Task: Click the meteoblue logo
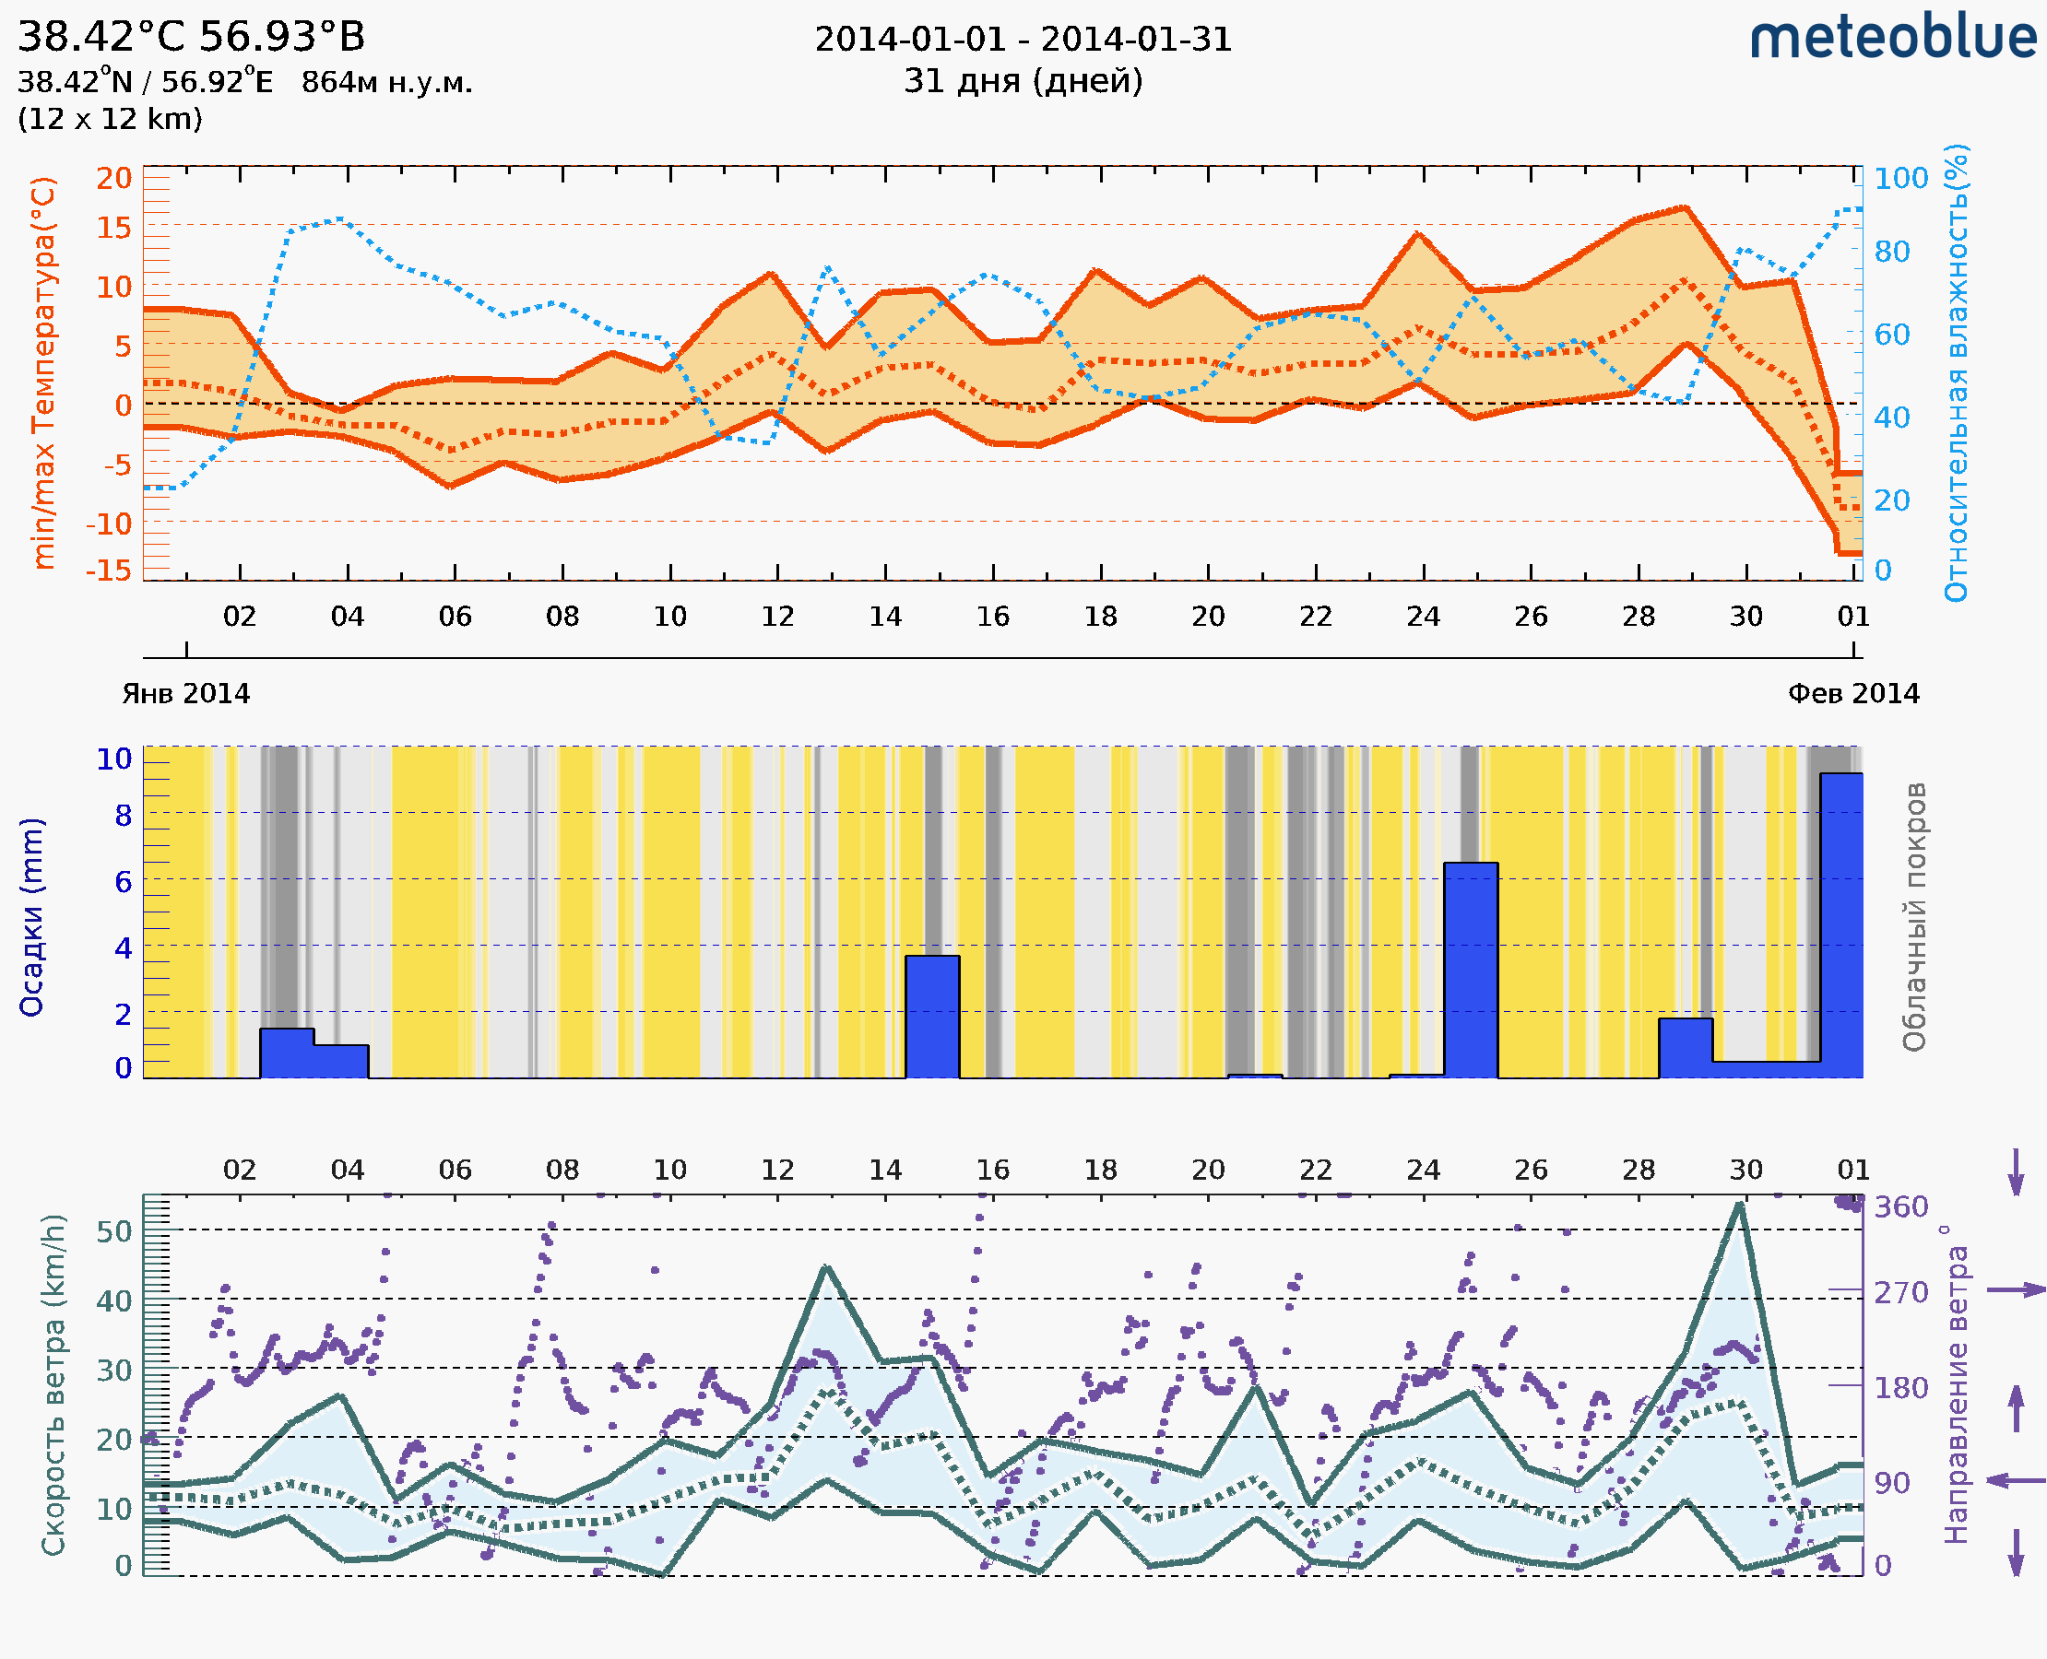click(1892, 38)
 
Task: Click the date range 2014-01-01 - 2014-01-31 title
click(1023, 40)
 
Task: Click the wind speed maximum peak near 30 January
click(1739, 1206)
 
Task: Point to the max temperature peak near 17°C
click(1684, 207)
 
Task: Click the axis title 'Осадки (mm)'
click(31, 916)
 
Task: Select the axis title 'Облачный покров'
click(1914, 916)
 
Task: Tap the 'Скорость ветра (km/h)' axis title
click(53, 1384)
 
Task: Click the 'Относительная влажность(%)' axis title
click(1956, 372)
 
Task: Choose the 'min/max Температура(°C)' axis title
click(44, 372)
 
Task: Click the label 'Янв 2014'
click(185, 694)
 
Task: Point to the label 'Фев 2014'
click(1853, 694)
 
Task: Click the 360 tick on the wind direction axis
click(1900, 1207)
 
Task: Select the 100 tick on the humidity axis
click(1900, 178)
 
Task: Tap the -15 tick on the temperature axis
click(108, 571)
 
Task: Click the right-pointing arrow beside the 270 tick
click(2016, 1290)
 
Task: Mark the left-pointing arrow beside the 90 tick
click(2016, 1480)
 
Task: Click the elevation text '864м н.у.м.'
click(387, 83)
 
